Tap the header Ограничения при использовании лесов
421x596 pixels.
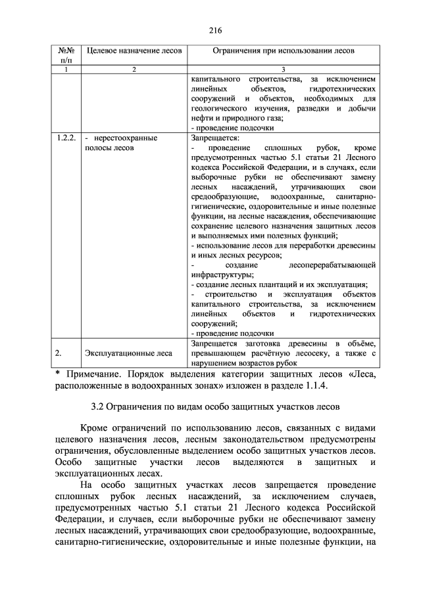point(283,51)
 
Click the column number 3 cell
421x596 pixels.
point(283,69)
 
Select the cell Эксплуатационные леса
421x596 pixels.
point(128,354)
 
